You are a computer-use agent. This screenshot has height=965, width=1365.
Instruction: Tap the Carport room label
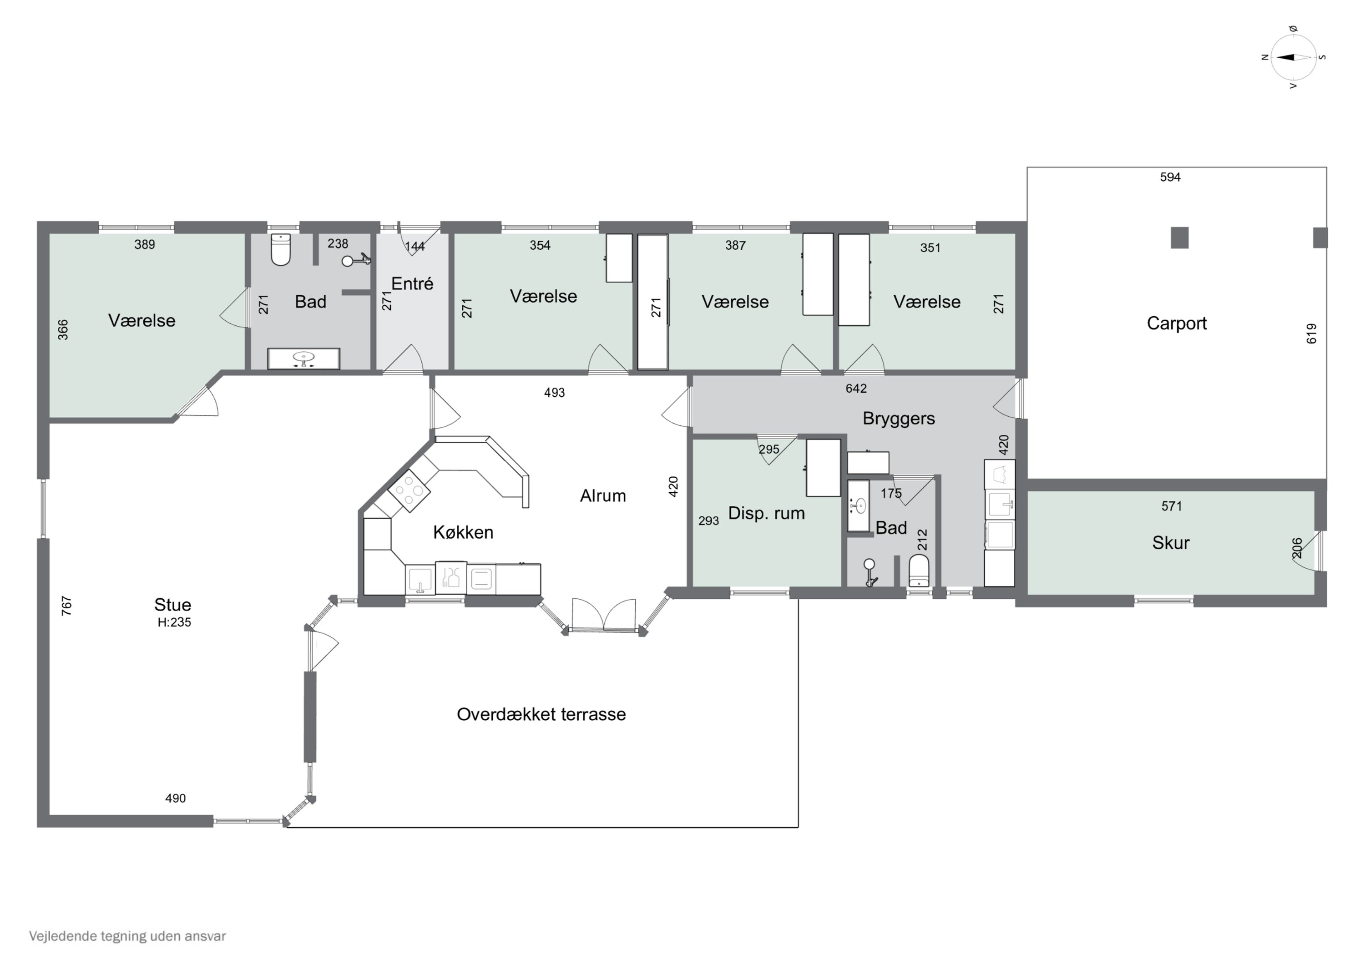tap(1177, 323)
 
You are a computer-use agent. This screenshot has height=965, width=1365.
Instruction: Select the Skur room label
tap(1171, 543)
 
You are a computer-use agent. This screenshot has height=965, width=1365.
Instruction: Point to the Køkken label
tap(463, 532)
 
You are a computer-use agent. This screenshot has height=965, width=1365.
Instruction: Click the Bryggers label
tap(899, 419)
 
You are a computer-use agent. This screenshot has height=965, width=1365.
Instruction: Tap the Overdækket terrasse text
tap(541, 714)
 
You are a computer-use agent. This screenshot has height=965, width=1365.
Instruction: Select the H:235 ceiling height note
tap(174, 622)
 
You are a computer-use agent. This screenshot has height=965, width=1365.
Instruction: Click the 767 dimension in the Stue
tap(66, 606)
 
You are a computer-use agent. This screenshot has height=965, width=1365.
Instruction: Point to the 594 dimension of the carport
tap(1170, 177)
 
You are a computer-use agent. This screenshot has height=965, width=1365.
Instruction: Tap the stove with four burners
tap(409, 490)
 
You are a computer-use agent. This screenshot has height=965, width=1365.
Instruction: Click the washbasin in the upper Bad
tap(304, 359)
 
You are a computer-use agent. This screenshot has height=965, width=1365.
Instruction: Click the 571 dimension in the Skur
tap(1172, 506)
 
